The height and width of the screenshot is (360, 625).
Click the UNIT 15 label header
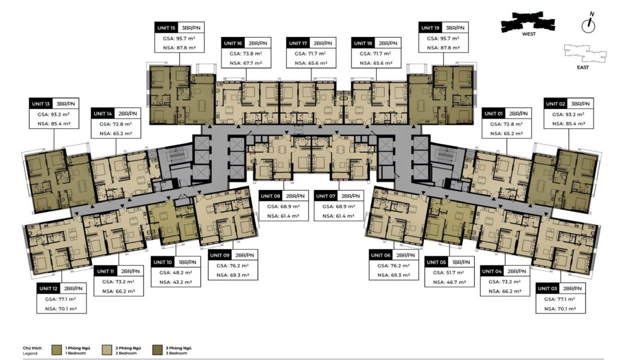point(166,28)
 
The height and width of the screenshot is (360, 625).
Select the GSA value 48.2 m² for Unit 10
point(176,272)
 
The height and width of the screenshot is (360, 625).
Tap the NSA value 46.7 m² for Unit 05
point(449,282)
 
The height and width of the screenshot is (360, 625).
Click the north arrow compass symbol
point(588,23)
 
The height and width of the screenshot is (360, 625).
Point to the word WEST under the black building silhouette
point(528,34)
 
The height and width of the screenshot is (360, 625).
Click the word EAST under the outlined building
point(583,67)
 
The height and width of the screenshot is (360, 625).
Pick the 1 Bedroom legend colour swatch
point(56,350)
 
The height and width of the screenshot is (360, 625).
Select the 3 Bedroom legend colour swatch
point(157,350)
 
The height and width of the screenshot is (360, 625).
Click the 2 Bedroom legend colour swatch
point(107,350)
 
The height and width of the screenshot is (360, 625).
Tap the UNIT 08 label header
point(270,196)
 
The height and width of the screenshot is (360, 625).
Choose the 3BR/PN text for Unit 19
point(455,28)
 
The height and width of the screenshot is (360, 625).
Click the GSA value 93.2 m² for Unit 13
point(53,114)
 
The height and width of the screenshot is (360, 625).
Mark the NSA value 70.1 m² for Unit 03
point(560,309)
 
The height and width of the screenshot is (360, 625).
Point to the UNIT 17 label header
point(298,43)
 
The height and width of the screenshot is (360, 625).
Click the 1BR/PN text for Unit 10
point(187,262)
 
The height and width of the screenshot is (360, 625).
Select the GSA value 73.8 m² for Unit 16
point(246,54)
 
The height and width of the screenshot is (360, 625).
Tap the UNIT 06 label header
point(380,255)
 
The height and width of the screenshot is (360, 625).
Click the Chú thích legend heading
point(32,348)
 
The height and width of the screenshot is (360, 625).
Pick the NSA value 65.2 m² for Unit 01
point(506,133)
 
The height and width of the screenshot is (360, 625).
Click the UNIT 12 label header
point(48,288)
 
